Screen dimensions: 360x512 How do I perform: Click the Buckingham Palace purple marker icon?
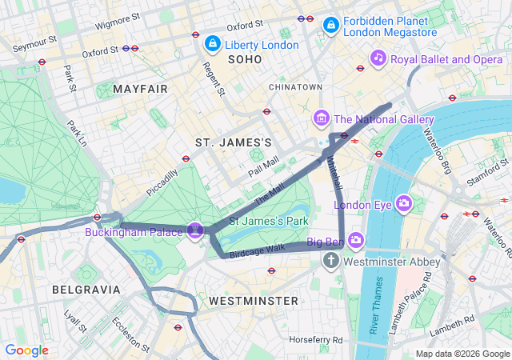pos(194,230)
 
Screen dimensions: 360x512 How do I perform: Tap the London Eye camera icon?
pos(403,203)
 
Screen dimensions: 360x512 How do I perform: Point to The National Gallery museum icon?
pos(322,119)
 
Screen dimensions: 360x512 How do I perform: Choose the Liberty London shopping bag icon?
pos(213,43)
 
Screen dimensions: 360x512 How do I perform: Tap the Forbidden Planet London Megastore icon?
pos(330,26)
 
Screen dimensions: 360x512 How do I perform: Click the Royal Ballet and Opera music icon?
pos(379,58)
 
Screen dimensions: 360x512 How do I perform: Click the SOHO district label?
pos(245,60)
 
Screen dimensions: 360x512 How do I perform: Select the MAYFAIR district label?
pos(141,89)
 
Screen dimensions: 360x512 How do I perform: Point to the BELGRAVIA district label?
pos(86,289)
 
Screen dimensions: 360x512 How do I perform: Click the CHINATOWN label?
pos(295,86)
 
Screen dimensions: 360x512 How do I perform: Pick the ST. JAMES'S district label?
pos(234,142)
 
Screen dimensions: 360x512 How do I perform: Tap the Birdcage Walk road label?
pos(258,249)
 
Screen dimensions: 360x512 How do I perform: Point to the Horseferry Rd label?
pos(317,339)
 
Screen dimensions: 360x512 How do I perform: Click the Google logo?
pos(27,350)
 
